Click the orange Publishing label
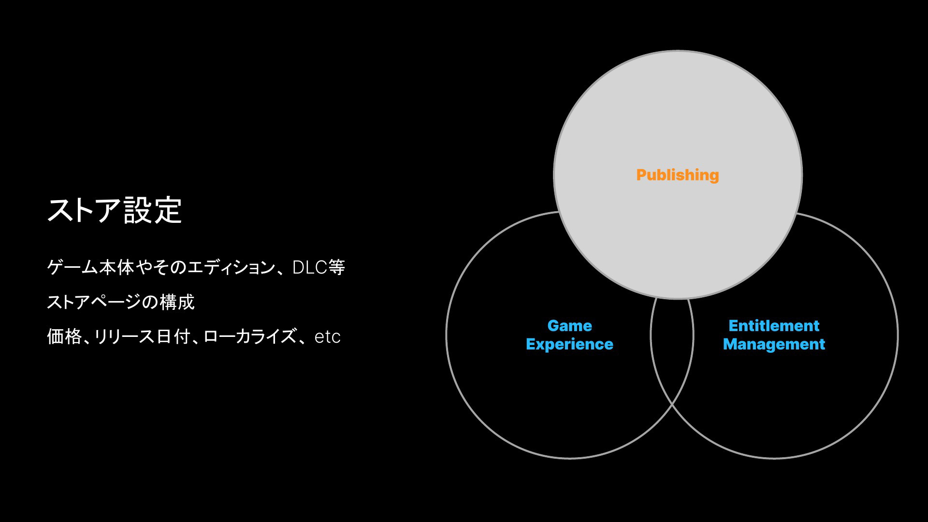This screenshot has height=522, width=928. point(678,175)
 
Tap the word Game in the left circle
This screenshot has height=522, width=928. point(570,326)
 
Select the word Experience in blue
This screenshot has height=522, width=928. point(570,344)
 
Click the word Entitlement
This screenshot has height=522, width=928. point(774,326)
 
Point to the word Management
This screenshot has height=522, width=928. point(774,344)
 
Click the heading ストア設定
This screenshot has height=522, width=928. point(115,210)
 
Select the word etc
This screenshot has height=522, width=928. point(327,337)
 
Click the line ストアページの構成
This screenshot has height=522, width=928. point(121,302)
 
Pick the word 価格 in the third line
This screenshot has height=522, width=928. point(64,336)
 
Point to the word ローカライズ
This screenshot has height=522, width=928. point(250,336)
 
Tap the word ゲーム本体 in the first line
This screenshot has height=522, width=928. point(90,267)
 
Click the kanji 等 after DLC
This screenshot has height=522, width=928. point(336,267)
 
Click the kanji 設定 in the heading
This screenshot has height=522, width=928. point(153,210)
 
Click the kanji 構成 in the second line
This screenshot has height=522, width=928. point(177,302)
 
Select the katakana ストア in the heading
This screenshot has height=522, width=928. point(84,210)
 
